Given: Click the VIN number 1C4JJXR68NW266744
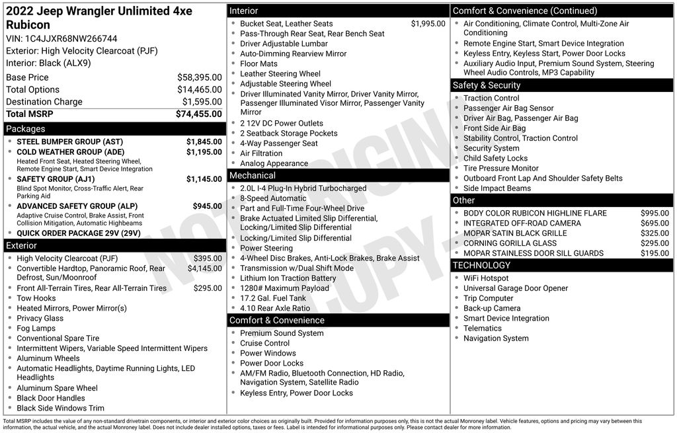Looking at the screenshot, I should point(71,38).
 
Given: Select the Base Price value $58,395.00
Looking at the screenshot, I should point(199,77).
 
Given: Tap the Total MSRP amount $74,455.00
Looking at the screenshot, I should point(198,114).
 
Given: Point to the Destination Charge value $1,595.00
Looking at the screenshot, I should point(202,102).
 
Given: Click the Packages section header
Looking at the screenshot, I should point(26,129).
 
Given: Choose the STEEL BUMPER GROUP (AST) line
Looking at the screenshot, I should point(69,141).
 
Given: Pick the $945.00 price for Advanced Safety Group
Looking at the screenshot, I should point(207,206).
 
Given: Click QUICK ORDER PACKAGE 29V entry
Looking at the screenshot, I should point(79,233).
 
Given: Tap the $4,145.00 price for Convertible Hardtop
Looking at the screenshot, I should point(204,268).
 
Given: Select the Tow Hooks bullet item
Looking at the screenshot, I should point(36,298).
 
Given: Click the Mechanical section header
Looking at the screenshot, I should point(252,175).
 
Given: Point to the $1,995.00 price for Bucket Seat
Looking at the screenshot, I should point(428,24).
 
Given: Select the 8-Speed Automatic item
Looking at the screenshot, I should point(273,198).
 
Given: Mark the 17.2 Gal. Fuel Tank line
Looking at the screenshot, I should point(273,298).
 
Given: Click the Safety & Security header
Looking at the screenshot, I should point(487,85).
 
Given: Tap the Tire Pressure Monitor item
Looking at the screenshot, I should point(501,168).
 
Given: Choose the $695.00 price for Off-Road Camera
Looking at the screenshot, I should point(655,223).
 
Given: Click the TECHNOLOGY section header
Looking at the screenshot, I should point(481,265).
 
